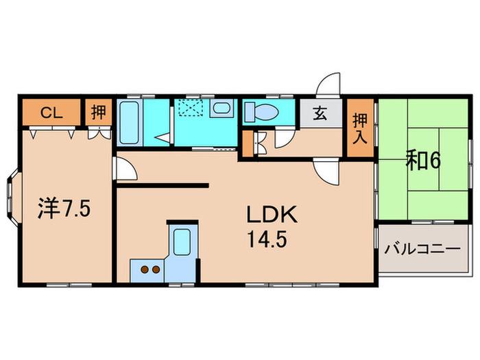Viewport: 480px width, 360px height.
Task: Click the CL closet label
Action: [x=51, y=113]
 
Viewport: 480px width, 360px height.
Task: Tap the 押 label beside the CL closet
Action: [x=98, y=112]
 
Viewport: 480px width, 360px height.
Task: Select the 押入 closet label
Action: [x=360, y=129]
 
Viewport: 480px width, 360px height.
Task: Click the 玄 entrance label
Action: [x=320, y=113]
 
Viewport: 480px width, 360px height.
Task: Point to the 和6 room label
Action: [x=423, y=161]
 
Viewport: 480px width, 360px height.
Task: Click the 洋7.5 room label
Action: [x=64, y=208]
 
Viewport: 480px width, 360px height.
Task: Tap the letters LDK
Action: [x=272, y=215]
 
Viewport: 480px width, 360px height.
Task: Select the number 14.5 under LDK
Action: [x=267, y=239]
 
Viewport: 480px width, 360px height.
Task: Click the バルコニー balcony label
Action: [x=422, y=248]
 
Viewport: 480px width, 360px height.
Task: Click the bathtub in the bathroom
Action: [x=129, y=123]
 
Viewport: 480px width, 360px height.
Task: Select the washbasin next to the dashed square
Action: [x=221, y=108]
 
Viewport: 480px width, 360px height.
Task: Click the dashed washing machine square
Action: [x=191, y=108]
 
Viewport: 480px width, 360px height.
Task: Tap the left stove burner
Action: [x=145, y=269]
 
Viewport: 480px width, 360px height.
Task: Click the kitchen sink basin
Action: [x=182, y=241]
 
